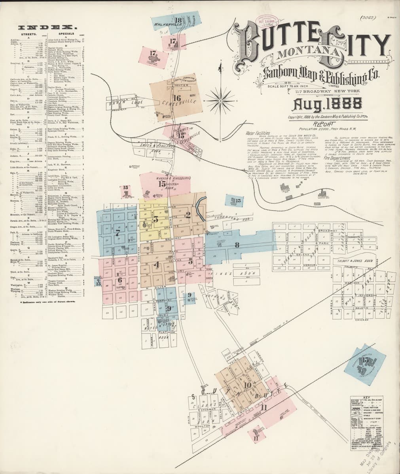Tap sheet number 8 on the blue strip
tap(237, 245)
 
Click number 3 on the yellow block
tap(156, 219)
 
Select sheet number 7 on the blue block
tap(118, 233)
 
